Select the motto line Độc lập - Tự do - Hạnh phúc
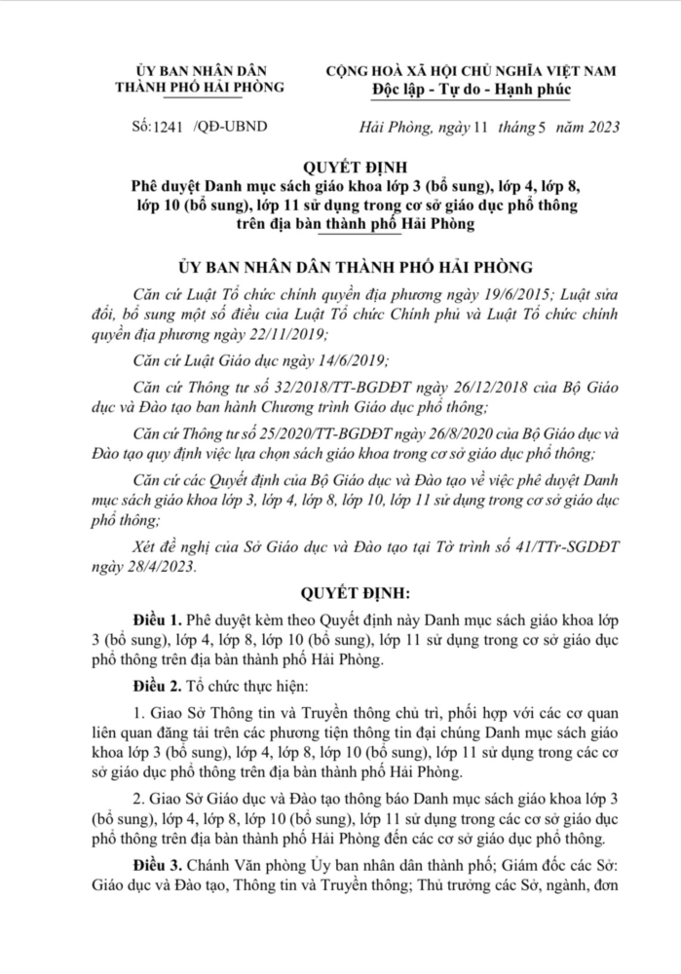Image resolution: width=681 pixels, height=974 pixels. point(472,90)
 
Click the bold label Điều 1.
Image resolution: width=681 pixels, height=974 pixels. point(160,619)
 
